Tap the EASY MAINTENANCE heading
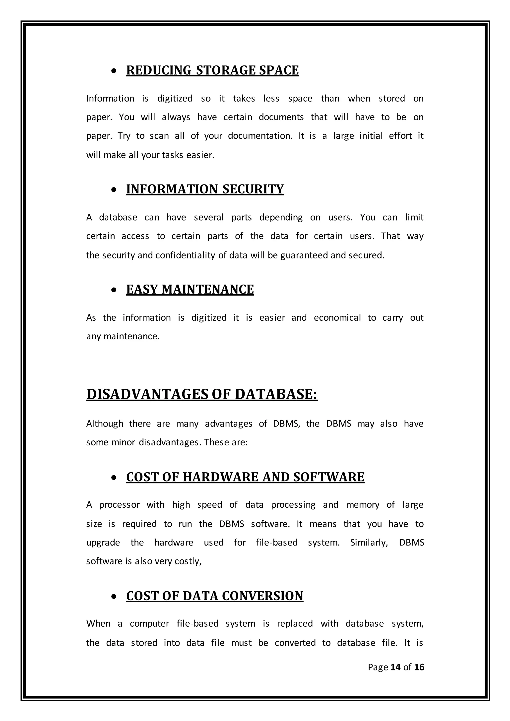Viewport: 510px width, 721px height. pyautogui.click(x=190, y=290)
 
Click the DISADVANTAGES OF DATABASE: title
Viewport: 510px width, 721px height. pyautogui.click(x=202, y=394)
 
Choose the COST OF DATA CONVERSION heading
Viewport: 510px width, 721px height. pyautogui.click(x=214, y=596)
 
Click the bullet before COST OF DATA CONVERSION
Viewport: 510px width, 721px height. pyautogui.click(x=114, y=597)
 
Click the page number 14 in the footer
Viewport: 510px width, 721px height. pyautogui.click(x=395, y=667)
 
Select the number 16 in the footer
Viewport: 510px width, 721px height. pyautogui.click(x=419, y=667)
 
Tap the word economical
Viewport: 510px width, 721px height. pyautogui.click(x=337, y=318)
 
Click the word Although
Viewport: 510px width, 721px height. pyautogui.click(x=105, y=424)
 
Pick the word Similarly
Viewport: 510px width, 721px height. pyautogui.click(x=369, y=543)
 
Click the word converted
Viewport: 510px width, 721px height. pyautogui.click(x=295, y=643)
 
